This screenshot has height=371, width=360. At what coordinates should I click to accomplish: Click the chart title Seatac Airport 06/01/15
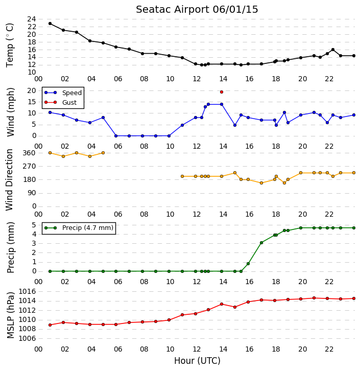pyautogui.click(x=197, y=10)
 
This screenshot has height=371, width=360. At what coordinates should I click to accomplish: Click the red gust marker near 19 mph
pyautogui.click(x=222, y=92)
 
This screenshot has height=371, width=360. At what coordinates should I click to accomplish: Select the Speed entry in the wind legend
pyautogui.click(x=63, y=93)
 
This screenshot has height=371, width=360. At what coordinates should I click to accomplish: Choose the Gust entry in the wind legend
pyautogui.click(x=61, y=102)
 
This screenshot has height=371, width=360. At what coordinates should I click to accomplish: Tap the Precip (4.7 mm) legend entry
pyautogui.click(x=79, y=228)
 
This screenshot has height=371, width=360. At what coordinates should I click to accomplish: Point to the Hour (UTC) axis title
pyautogui.click(x=197, y=361)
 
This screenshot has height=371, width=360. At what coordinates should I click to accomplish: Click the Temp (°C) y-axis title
pyautogui.click(x=10, y=45)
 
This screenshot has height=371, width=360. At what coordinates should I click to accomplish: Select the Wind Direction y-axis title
pyautogui.click(x=9, y=179)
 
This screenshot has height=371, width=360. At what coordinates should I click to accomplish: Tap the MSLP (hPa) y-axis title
pyautogui.click(x=11, y=315)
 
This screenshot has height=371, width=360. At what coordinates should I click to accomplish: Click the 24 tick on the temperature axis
pyautogui.click(x=32, y=19)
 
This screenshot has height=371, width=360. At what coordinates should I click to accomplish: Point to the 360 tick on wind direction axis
pyautogui.click(x=29, y=153)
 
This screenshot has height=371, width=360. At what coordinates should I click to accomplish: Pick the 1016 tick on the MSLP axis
pyautogui.click(x=27, y=291)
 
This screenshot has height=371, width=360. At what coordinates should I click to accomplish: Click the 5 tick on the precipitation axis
pyautogui.click(x=34, y=225)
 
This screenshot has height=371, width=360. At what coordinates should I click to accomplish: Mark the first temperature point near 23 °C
pyautogui.click(x=50, y=24)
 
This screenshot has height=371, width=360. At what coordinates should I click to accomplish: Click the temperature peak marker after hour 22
pyautogui.click(x=333, y=50)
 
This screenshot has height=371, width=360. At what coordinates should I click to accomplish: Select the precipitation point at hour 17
pyautogui.click(x=261, y=243)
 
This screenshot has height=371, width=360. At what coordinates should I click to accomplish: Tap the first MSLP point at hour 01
pyautogui.click(x=50, y=325)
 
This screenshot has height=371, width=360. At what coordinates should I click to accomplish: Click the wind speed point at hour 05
pyautogui.click(x=103, y=118)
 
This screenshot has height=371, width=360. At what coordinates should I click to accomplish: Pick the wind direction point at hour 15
pyautogui.click(x=235, y=173)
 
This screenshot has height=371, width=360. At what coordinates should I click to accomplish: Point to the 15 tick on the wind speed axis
pyautogui.click(x=32, y=102)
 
